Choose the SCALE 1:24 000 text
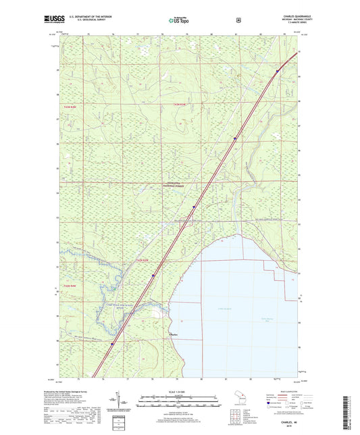tap(180, 392)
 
